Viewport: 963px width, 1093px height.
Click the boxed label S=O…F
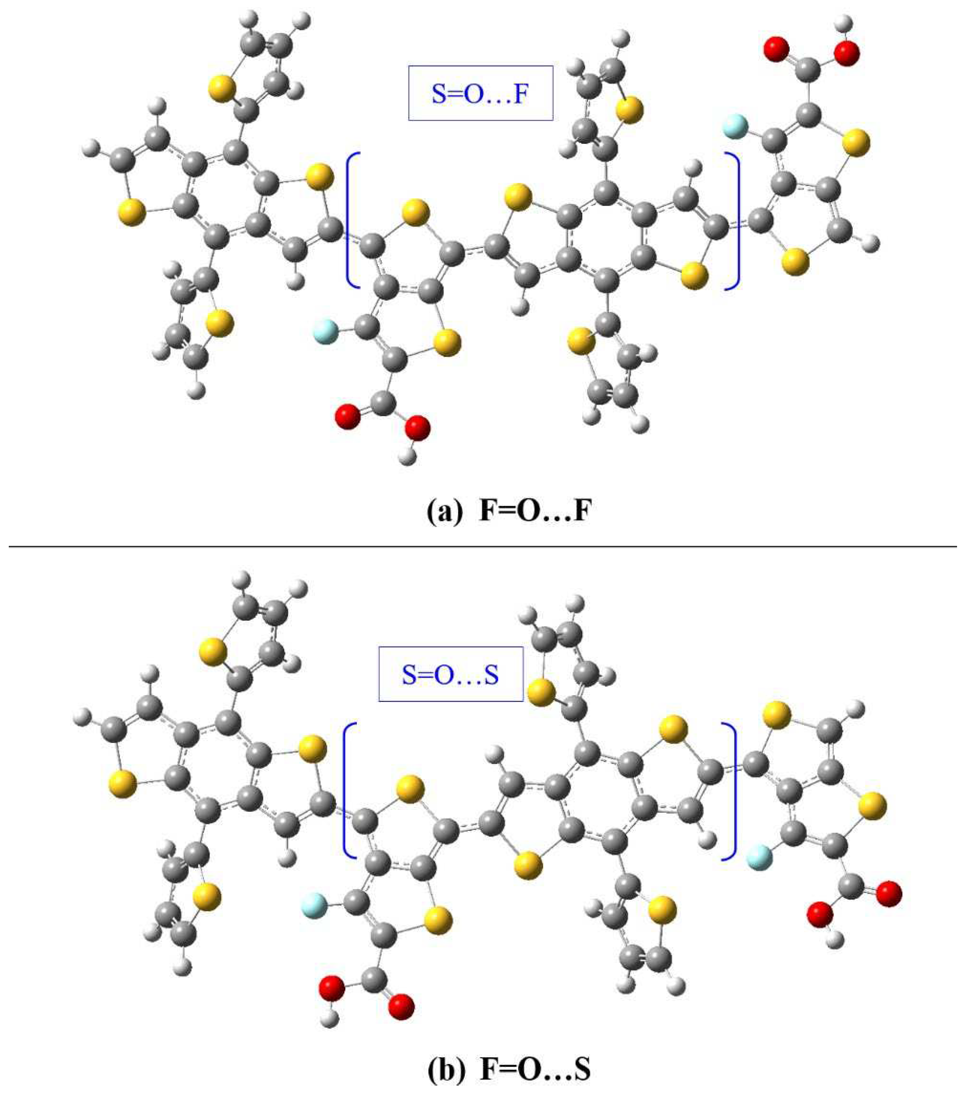[x=480, y=93]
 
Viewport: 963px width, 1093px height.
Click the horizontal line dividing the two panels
[x=481, y=546]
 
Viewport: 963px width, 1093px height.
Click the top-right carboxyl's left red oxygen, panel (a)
[x=776, y=50]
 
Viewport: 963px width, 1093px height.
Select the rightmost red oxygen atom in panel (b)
[x=889, y=892]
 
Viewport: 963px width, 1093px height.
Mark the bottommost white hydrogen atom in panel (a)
[x=407, y=458]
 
